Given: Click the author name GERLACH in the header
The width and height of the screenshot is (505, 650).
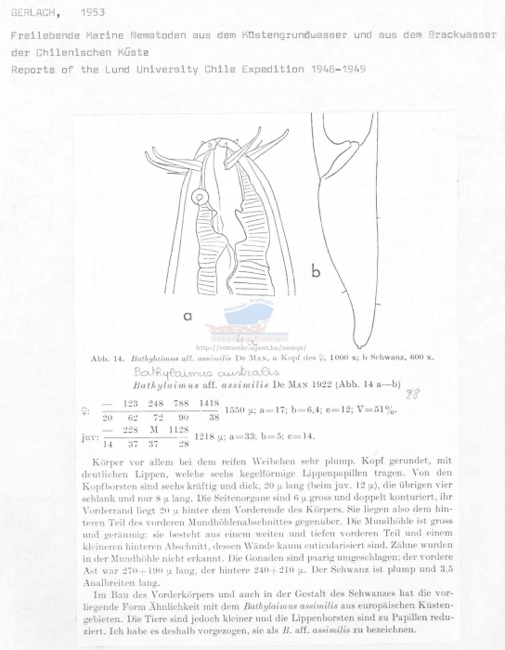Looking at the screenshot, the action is pos(32,13).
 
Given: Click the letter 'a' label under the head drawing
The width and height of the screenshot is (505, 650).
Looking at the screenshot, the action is pos(188,317).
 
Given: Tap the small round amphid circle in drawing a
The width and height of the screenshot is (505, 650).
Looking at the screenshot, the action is pos(198,197).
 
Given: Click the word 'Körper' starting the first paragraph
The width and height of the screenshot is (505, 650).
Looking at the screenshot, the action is pos(109,461).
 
